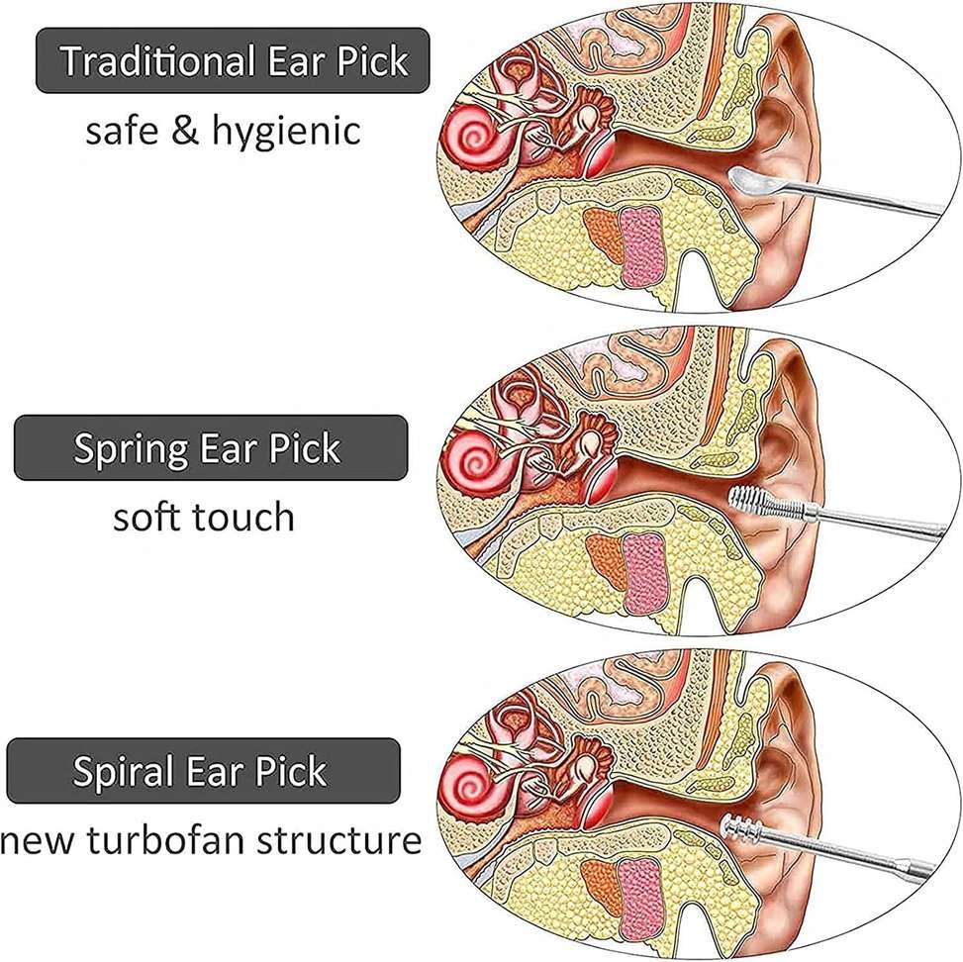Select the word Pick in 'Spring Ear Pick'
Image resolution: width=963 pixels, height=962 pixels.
click(x=304, y=448)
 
